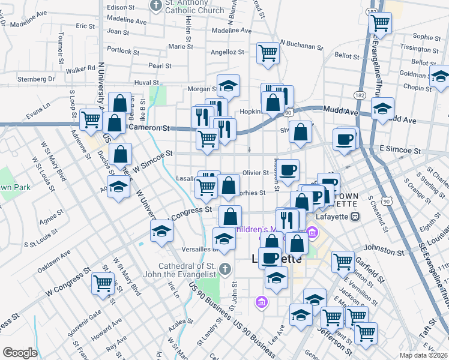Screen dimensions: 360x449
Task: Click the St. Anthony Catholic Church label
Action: click(x=190, y=6)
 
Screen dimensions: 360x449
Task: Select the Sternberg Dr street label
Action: click(x=35, y=79)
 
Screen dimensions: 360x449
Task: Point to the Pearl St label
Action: click(x=160, y=65)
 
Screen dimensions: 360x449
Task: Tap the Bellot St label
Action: click(x=346, y=55)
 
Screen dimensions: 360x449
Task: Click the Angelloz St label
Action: click(x=227, y=52)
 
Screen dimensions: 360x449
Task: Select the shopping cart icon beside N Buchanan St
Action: click(x=268, y=53)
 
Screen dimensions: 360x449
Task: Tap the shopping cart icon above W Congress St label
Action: click(x=103, y=283)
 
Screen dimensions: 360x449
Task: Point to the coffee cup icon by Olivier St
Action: click(x=288, y=170)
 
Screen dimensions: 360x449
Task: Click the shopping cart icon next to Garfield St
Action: click(x=342, y=261)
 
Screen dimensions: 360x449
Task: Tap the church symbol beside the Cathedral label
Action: click(x=224, y=268)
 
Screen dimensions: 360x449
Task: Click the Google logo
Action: click(x=20, y=353)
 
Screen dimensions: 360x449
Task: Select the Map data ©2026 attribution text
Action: click(x=424, y=355)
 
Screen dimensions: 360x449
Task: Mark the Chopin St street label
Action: click(x=415, y=88)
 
